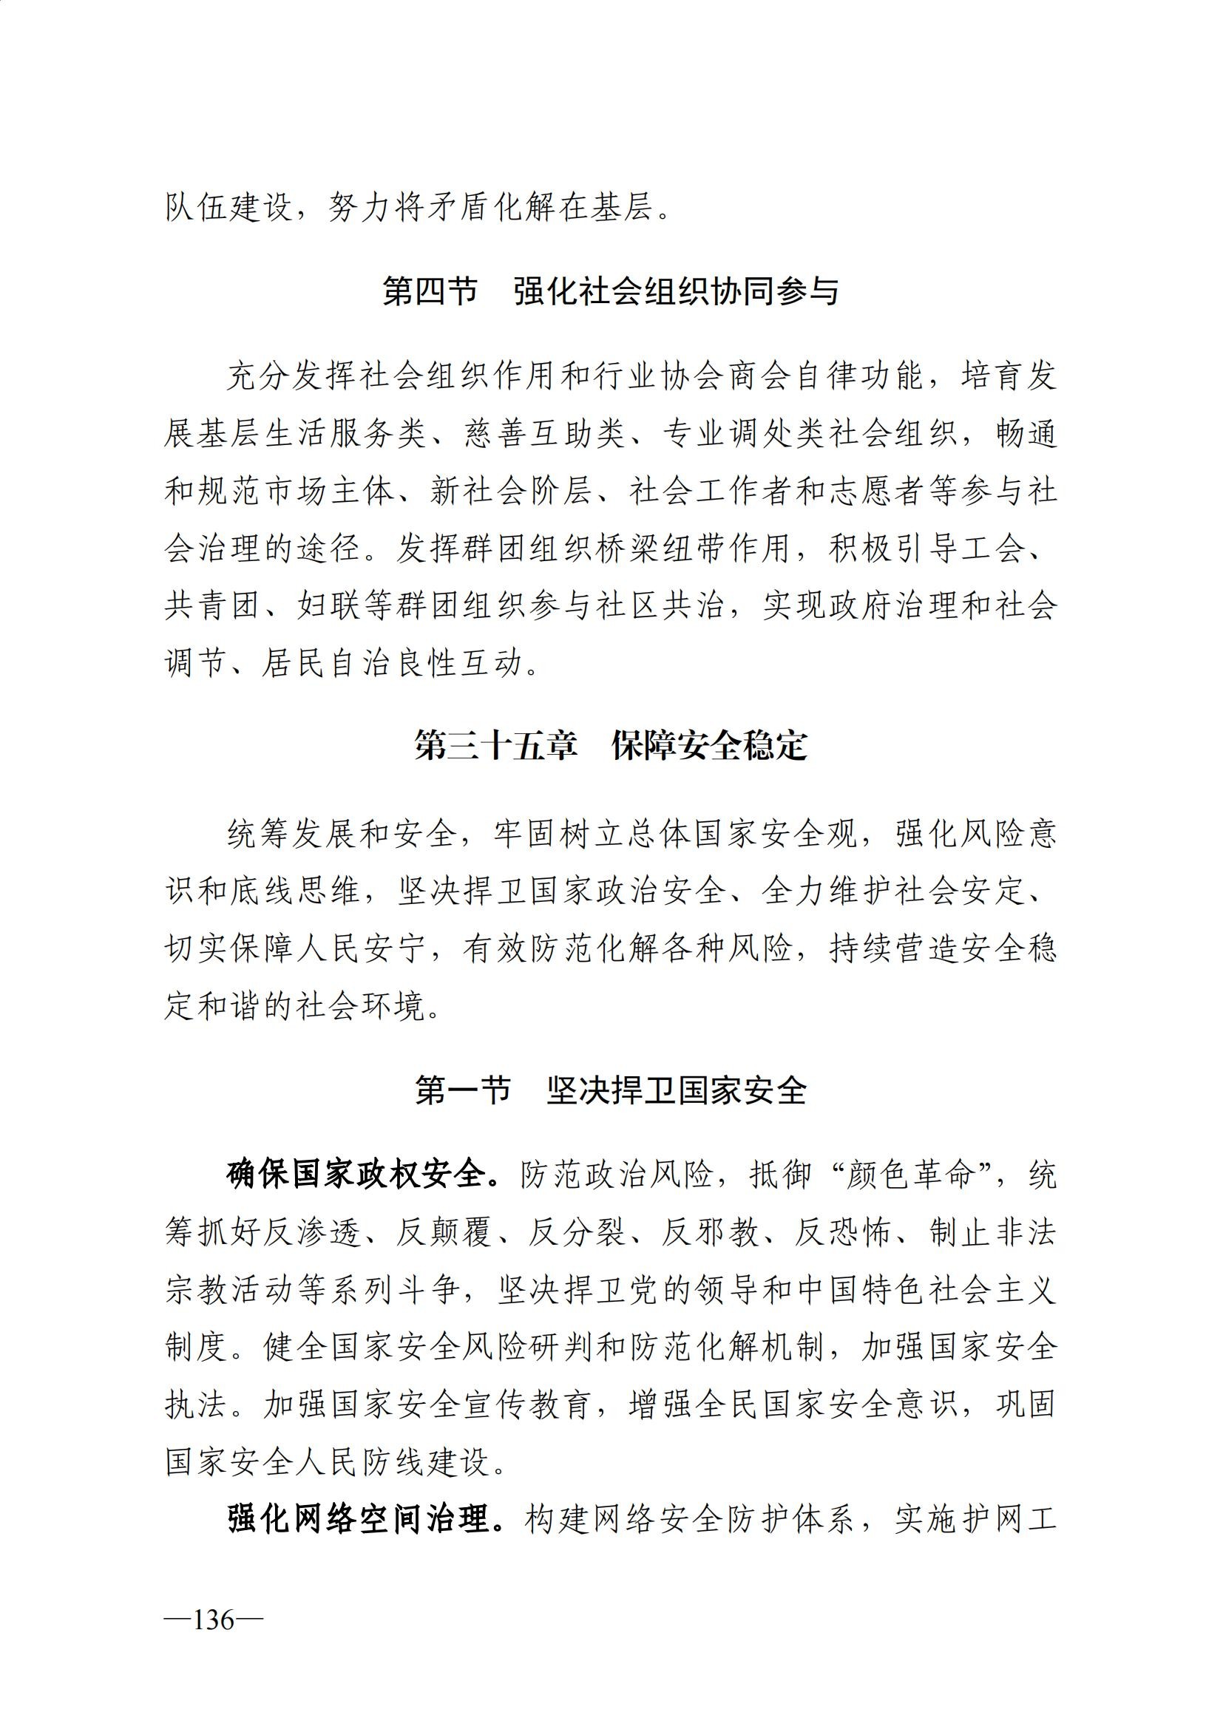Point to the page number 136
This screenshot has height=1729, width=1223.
(213, 1619)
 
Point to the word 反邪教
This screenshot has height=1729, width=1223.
(711, 1234)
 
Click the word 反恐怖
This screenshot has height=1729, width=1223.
(844, 1234)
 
